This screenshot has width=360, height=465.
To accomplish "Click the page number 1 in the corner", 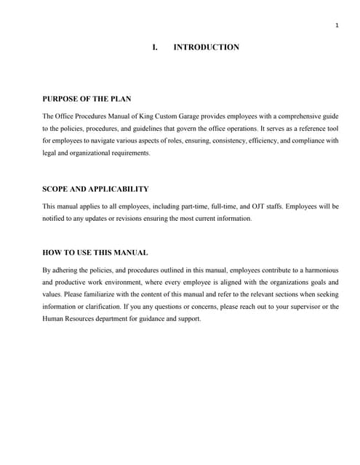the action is pos(337,27).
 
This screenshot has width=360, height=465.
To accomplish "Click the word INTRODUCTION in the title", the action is pos(207,47).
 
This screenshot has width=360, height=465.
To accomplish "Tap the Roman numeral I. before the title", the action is pos(155,47).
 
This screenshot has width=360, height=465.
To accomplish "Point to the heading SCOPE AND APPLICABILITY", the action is pos(95,189).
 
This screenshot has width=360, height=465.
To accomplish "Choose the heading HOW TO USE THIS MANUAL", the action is pos(95,253).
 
